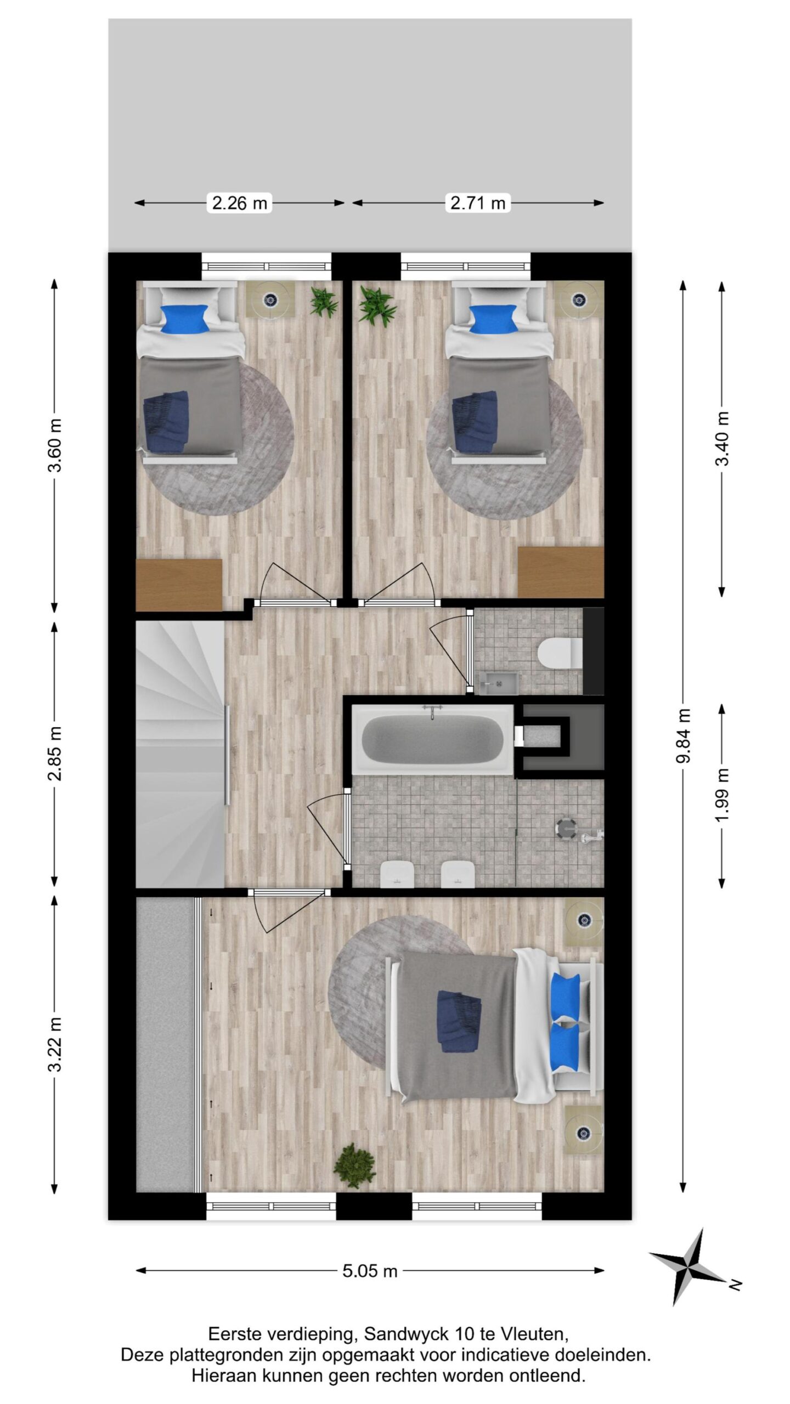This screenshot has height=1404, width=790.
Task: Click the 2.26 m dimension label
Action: pyautogui.click(x=239, y=203)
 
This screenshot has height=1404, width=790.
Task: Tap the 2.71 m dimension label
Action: pyautogui.click(x=477, y=203)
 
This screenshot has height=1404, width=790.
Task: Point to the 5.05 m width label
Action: pyautogui.click(x=370, y=1271)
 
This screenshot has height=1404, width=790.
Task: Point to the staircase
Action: pyautogui.click(x=181, y=754)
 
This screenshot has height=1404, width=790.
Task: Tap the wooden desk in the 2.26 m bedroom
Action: pyautogui.click(x=179, y=585)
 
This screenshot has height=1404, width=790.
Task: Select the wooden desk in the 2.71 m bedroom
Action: pyautogui.click(x=561, y=572)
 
